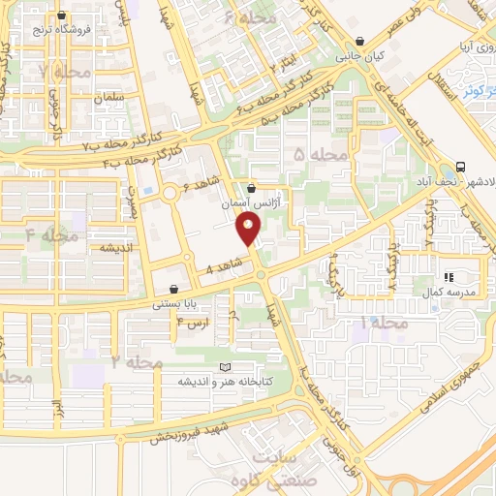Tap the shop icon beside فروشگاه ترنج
click(x=63, y=15)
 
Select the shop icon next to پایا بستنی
click(x=174, y=288)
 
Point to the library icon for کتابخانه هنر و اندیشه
click(x=226, y=368)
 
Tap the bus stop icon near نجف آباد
click(x=458, y=166)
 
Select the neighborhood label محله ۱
click(x=382, y=321)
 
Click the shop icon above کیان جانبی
click(x=361, y=42)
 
